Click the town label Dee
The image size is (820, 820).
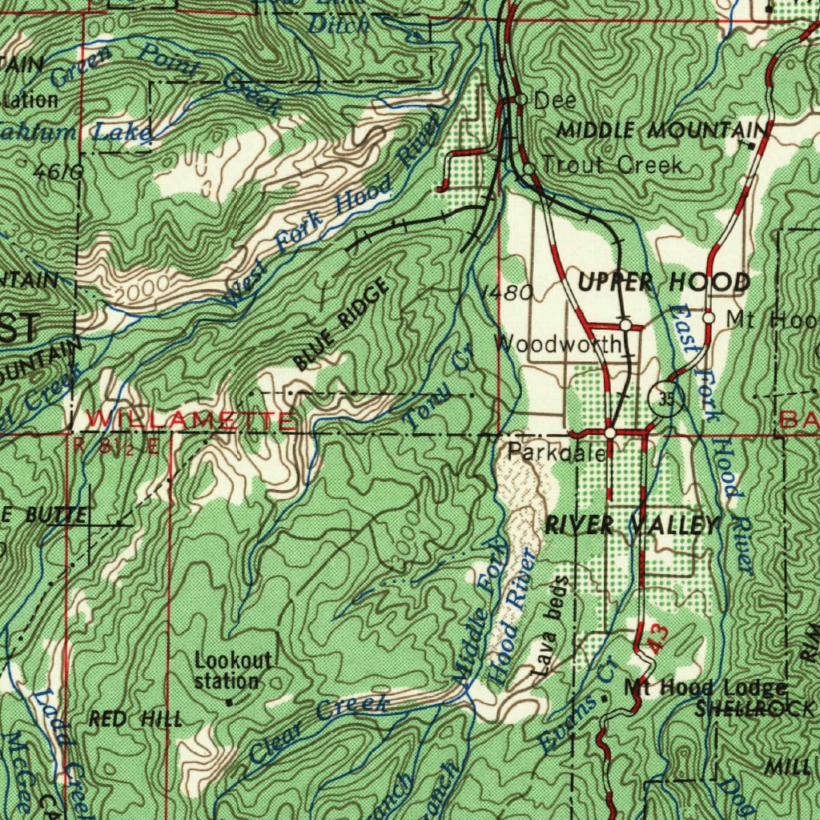point(555,100)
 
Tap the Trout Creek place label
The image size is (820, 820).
point(613,165)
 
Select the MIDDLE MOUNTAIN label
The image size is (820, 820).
point(661,130)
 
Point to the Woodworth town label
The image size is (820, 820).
point(558,344)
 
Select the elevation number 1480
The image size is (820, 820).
point(506,293)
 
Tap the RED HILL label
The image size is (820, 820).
point(135,718)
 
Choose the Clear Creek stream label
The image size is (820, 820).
point(318,728)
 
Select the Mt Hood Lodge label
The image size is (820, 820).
point(705,688)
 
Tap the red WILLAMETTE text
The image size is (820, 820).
point(191,419)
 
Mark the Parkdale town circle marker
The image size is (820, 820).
point(610,432)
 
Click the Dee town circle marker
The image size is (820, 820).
point(521,99)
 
